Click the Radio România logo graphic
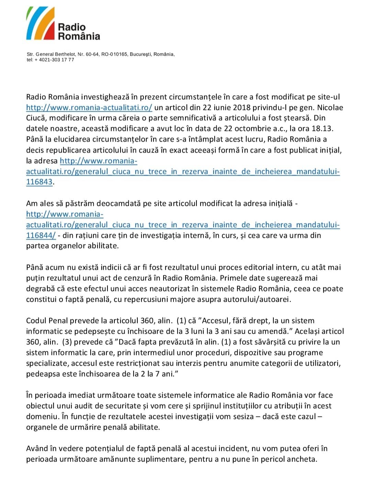pos(41,23)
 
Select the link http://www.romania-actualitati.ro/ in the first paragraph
pos(89,108)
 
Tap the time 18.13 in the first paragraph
pos(323,129)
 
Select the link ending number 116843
pos(39,182)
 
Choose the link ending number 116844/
pos(41,235)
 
